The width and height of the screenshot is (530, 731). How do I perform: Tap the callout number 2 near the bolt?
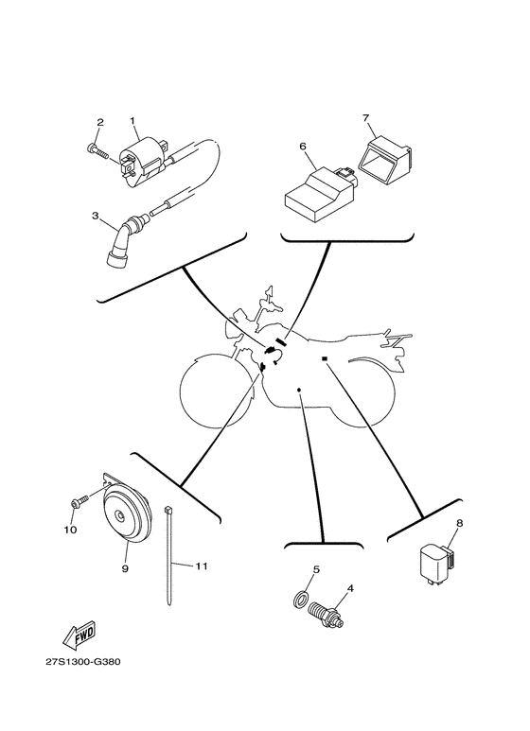[98, 122]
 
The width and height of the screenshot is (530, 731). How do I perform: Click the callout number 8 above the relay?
[459, 522]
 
